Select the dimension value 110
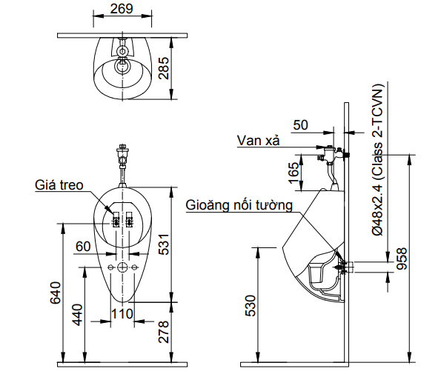coord(122,314)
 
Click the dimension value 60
coord(83,246)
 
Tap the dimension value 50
coord(300,124)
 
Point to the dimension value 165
coord(294,173)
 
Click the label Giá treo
coord(59,184)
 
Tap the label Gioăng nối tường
coord(239,204)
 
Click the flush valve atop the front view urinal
coord(123,157)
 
